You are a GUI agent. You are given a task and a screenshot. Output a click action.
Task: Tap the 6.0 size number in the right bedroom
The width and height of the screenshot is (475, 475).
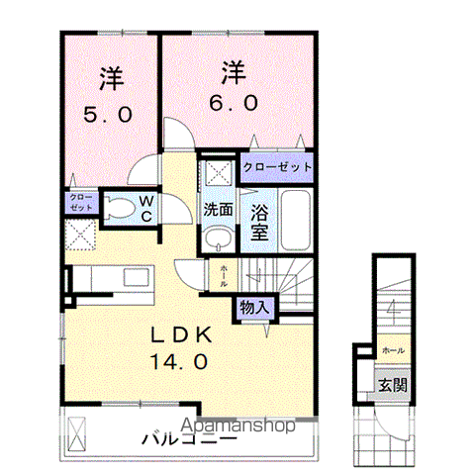234,103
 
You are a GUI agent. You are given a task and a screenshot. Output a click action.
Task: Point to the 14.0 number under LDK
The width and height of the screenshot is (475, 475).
179,362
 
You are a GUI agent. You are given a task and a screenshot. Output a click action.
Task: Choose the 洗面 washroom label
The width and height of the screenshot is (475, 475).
218,210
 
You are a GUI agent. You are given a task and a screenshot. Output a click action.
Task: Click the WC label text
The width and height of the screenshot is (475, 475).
144,211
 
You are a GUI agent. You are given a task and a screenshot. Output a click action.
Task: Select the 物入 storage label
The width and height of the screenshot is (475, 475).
253,308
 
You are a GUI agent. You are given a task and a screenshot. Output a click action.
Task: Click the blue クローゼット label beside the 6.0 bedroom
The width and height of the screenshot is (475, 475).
276,166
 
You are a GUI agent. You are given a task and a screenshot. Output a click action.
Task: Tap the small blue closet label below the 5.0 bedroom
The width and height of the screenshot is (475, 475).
80,204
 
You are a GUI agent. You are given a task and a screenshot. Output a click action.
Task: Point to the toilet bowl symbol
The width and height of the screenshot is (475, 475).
117,209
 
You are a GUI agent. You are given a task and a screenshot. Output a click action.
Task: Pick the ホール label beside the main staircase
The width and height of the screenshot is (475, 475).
224,275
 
